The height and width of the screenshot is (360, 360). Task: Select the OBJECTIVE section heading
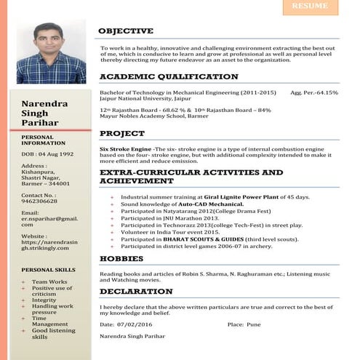pos(126,31)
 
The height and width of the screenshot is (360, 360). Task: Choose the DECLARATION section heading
pos(136,291)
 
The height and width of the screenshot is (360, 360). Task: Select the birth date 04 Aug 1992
pos(57,154)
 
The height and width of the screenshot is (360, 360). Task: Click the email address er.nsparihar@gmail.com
pos(49,222)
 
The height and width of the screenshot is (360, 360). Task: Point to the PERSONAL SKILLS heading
pos(49,270)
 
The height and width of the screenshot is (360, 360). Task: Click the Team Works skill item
pos(49,281)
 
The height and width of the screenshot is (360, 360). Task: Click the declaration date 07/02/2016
pos(139,324)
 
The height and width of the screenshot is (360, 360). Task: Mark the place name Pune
pos(253,324)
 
